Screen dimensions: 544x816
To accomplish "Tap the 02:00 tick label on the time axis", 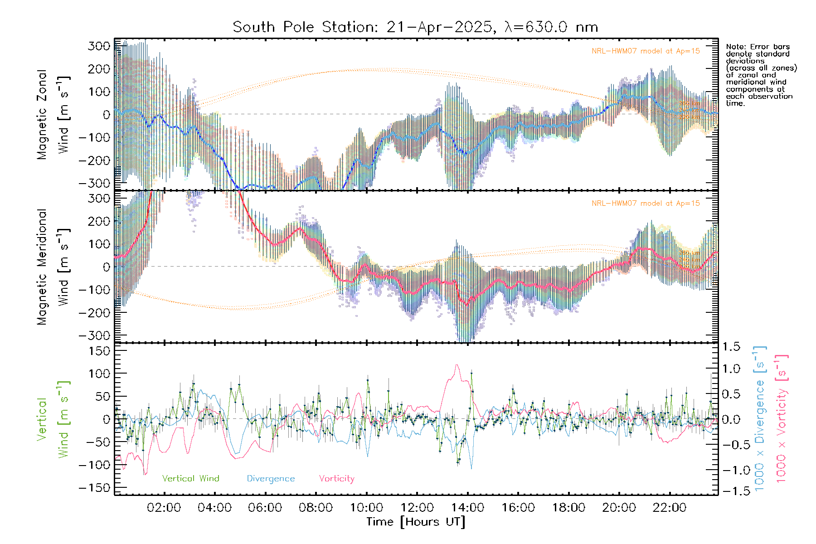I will (x=164, y=508).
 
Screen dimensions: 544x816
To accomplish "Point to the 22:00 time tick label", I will (x=670, y=508).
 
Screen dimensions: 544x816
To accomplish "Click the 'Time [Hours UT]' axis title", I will (x=416, y=522).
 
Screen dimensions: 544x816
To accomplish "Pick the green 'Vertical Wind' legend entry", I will (x=190, y=479).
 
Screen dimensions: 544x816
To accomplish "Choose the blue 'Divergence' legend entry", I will (x=271, y=479).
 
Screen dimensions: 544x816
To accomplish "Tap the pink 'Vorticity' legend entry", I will (x=336, y=479).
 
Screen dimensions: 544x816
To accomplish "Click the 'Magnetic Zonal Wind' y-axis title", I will (x=53, y=114).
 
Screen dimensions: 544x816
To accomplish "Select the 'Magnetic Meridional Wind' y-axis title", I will (x=53, y=267).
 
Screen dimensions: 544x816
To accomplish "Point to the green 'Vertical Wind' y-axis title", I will (x=53, y=419).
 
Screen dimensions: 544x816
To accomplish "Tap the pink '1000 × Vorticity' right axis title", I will (x=782, y=419).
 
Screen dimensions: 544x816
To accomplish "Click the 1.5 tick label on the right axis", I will (x=731, y=347).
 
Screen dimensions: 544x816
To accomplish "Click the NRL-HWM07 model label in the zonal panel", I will (x=646, y=51).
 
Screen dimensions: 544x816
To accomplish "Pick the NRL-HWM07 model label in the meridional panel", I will (x=646, y=204).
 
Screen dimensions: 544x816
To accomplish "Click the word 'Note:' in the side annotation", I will (x=736, y=47).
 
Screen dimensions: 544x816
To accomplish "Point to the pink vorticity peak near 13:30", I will (x=457, y=365).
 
